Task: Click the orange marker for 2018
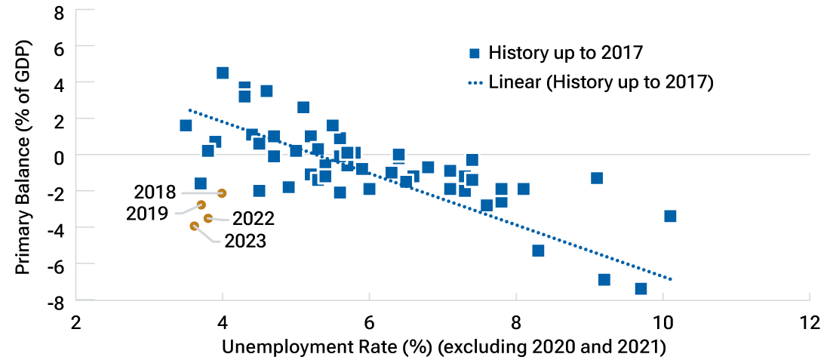click(221, 193)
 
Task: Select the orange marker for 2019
click(201, 205)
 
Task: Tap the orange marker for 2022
click(208, 218)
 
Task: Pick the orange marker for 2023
click(195, 226)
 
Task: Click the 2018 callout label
click(155, 192)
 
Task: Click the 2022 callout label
click(253, 219)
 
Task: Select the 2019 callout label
click(147, 213)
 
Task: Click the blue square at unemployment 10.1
click(669, 216)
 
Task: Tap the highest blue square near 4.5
click(223, 73)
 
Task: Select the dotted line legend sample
click(474, 82)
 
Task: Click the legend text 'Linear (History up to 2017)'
click(601, 82)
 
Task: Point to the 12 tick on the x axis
click(809, 322)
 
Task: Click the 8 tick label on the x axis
click(516, 322)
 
